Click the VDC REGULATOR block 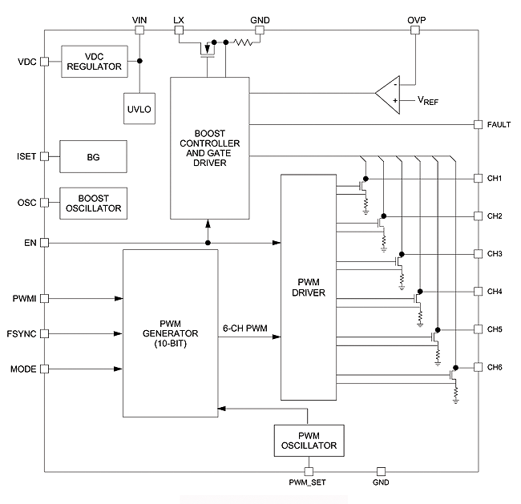click(94, 62)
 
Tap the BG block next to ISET click(94, 155)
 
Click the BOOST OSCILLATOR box click(94, 203)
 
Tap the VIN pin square click(139, 30)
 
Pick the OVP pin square click(415, 30)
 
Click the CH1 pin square click(478, 179)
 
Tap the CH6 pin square click(478, 367)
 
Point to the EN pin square click(45, 242)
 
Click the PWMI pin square click(45, 298)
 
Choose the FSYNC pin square click(45, 333)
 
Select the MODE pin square click(45, 369)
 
